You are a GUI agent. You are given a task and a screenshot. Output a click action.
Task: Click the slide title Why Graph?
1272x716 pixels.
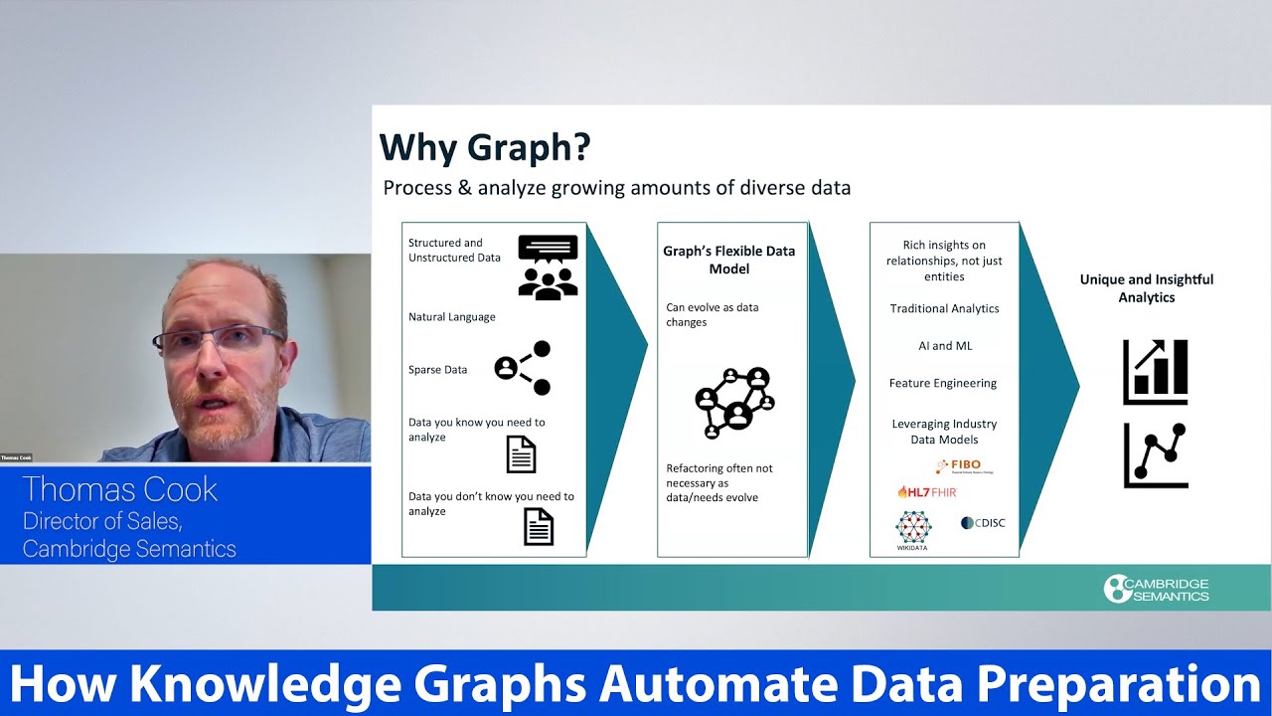(485, 147)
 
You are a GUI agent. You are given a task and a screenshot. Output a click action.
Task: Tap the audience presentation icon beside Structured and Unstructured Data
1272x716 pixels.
(548, 268)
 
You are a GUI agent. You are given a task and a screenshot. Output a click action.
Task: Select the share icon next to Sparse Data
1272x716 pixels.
(523, 368)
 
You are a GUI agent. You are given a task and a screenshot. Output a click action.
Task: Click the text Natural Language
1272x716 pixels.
(451, 317)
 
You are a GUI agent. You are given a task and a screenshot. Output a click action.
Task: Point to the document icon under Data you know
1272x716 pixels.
(521, 454)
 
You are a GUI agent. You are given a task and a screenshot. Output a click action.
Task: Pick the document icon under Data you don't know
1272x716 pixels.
(539, 526)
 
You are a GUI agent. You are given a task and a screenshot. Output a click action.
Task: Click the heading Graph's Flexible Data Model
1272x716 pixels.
(729, 260)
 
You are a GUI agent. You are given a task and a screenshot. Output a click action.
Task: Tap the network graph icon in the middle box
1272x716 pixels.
(734, 403)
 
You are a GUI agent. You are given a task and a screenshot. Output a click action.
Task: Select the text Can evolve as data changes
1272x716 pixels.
(712, 314)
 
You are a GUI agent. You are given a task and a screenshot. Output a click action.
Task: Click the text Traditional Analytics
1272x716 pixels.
(944, 308)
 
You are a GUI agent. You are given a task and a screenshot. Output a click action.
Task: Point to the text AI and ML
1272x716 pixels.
(945, 346)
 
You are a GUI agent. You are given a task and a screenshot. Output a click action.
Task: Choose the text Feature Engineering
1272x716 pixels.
(943, 383)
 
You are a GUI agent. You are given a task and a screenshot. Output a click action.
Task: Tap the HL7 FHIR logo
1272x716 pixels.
(926, 491)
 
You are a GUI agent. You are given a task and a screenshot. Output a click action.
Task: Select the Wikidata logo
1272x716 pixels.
(912, 530)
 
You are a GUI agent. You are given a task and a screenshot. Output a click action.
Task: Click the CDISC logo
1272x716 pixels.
(983, 523)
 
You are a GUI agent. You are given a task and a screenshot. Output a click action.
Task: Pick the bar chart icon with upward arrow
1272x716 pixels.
(1156, 372)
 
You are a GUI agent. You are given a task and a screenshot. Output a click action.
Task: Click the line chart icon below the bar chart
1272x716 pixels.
(1156, 455)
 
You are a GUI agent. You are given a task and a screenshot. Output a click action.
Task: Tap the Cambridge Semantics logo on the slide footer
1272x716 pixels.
(1157, 589)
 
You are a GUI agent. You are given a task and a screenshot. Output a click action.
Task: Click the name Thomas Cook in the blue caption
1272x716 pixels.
(119, 490)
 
